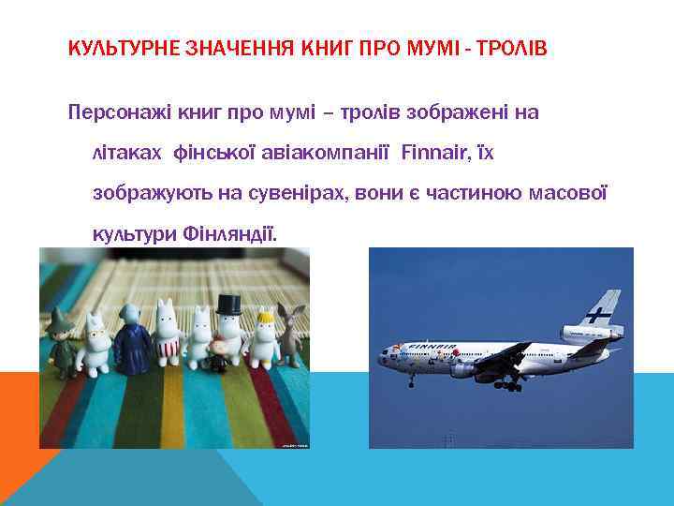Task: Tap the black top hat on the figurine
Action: tap(230, 304)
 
